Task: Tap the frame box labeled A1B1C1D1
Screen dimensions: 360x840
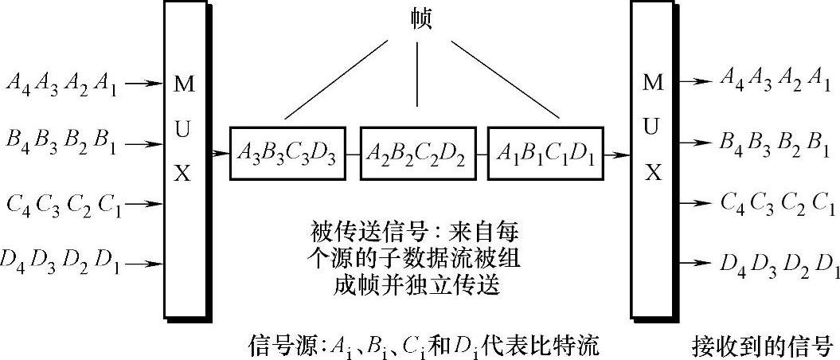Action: [545, 151]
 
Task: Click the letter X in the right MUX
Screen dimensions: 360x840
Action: [652, 173]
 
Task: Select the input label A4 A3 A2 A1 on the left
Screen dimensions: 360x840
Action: [61, 83]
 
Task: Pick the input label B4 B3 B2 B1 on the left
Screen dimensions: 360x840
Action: [61, 145]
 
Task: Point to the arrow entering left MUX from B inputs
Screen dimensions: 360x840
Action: [147, 145]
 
